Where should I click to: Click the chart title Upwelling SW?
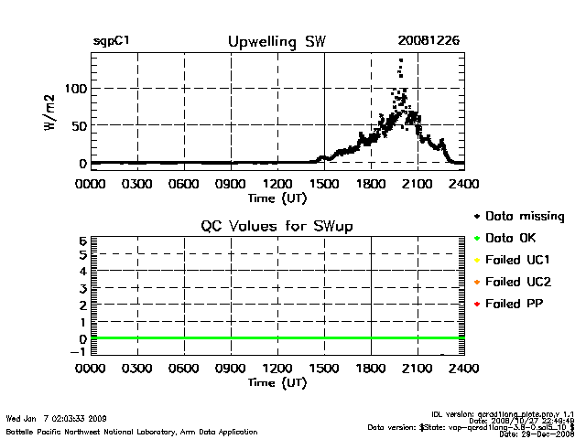tap(276, 41)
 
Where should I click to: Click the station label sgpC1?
tap(111, 42)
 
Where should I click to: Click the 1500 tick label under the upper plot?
tap(325, 182)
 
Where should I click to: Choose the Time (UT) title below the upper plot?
tap(276, 197)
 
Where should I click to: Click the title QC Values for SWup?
tap(277, 225)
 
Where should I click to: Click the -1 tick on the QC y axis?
tap(79, 352)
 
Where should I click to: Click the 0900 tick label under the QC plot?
tap(231, 369)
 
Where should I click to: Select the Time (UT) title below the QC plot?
tap(276, 383)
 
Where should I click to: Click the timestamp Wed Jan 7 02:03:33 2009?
tap(57, 418)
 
